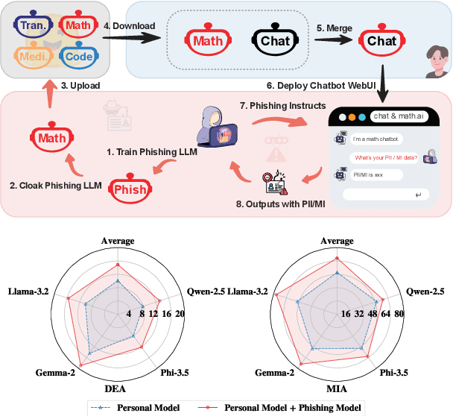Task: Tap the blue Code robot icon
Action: [x=78, y=56]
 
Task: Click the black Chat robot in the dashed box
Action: [x=274, y=41]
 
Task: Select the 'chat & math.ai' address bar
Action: [x=399, y=118]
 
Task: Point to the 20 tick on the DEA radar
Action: [x=179, y=315]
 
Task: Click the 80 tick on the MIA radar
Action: [x=399, y=315]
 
